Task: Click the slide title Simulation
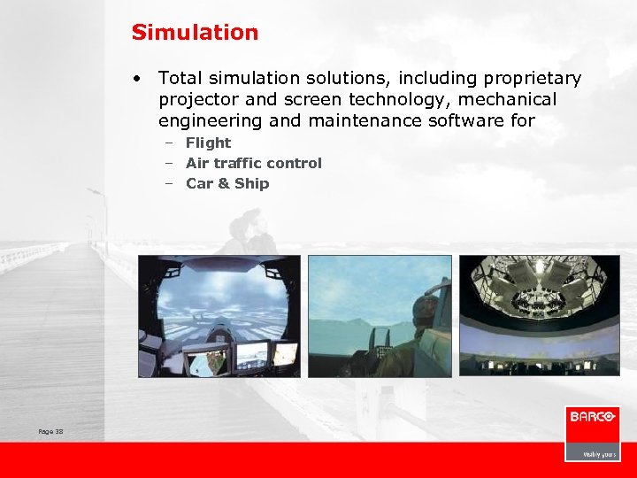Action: [x=195, y=33]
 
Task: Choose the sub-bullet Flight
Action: [x=208, y=143]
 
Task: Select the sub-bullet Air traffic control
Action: [x=253, y=163]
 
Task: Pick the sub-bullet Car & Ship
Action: [x=227, y=183]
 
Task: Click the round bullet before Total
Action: [x=139, y=79]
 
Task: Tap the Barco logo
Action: [x=592, y=417]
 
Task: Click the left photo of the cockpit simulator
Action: [x=219, y=316]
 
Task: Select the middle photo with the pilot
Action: [x=380, y=316]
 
